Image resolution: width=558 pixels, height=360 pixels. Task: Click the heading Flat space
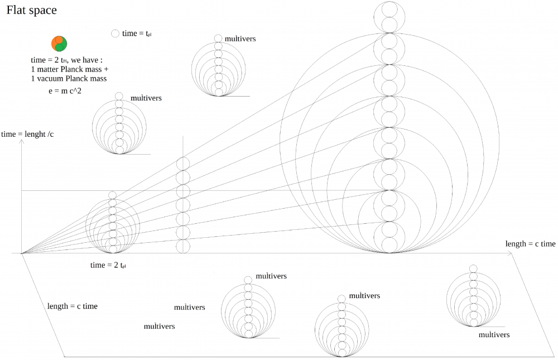31,10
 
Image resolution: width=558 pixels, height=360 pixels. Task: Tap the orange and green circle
59,42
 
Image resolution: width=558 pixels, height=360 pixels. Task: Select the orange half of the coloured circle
56,41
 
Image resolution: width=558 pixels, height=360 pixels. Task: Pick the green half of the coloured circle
61,45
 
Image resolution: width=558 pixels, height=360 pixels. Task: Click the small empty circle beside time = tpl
116,33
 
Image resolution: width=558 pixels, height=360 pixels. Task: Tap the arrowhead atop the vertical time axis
21,142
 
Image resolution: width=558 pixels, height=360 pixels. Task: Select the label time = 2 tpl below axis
107,265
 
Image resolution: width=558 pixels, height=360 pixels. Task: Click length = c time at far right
530,244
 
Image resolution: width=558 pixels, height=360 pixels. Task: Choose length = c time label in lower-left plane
73,306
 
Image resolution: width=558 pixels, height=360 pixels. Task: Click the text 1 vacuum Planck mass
69,79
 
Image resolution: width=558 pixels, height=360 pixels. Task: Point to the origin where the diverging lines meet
22,253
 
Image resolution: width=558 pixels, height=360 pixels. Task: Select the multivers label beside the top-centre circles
240,39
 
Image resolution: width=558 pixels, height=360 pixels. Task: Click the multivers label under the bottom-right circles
494,335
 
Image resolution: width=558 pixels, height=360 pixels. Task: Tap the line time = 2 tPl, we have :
68,60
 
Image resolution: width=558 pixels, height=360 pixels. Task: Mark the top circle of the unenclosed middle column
183,164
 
